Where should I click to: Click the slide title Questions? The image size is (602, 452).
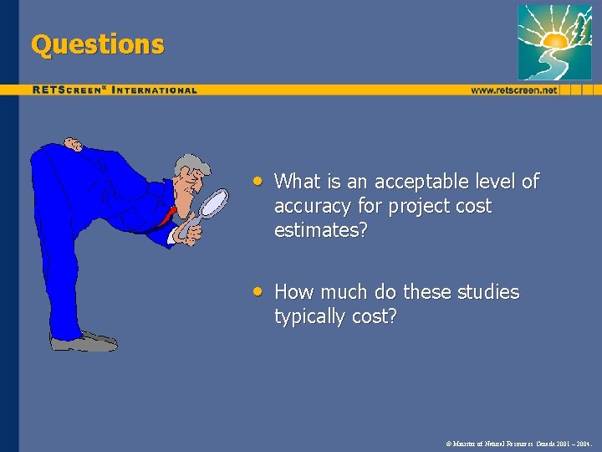pos(97,44)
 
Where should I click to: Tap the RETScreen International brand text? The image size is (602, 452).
pos(115,90)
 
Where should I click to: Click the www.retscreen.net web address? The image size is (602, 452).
pos(513,90)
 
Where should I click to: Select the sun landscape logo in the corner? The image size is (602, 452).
pos(554,41)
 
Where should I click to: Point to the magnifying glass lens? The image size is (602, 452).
pos(215,203)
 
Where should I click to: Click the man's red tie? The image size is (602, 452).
pos(170,213)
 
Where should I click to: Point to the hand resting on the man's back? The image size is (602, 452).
pos(73,145)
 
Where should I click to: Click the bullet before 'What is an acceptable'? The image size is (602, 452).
pos(261,180)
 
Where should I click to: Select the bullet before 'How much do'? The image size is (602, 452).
pos(261,291)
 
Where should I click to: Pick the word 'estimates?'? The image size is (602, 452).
pos(320,230)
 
